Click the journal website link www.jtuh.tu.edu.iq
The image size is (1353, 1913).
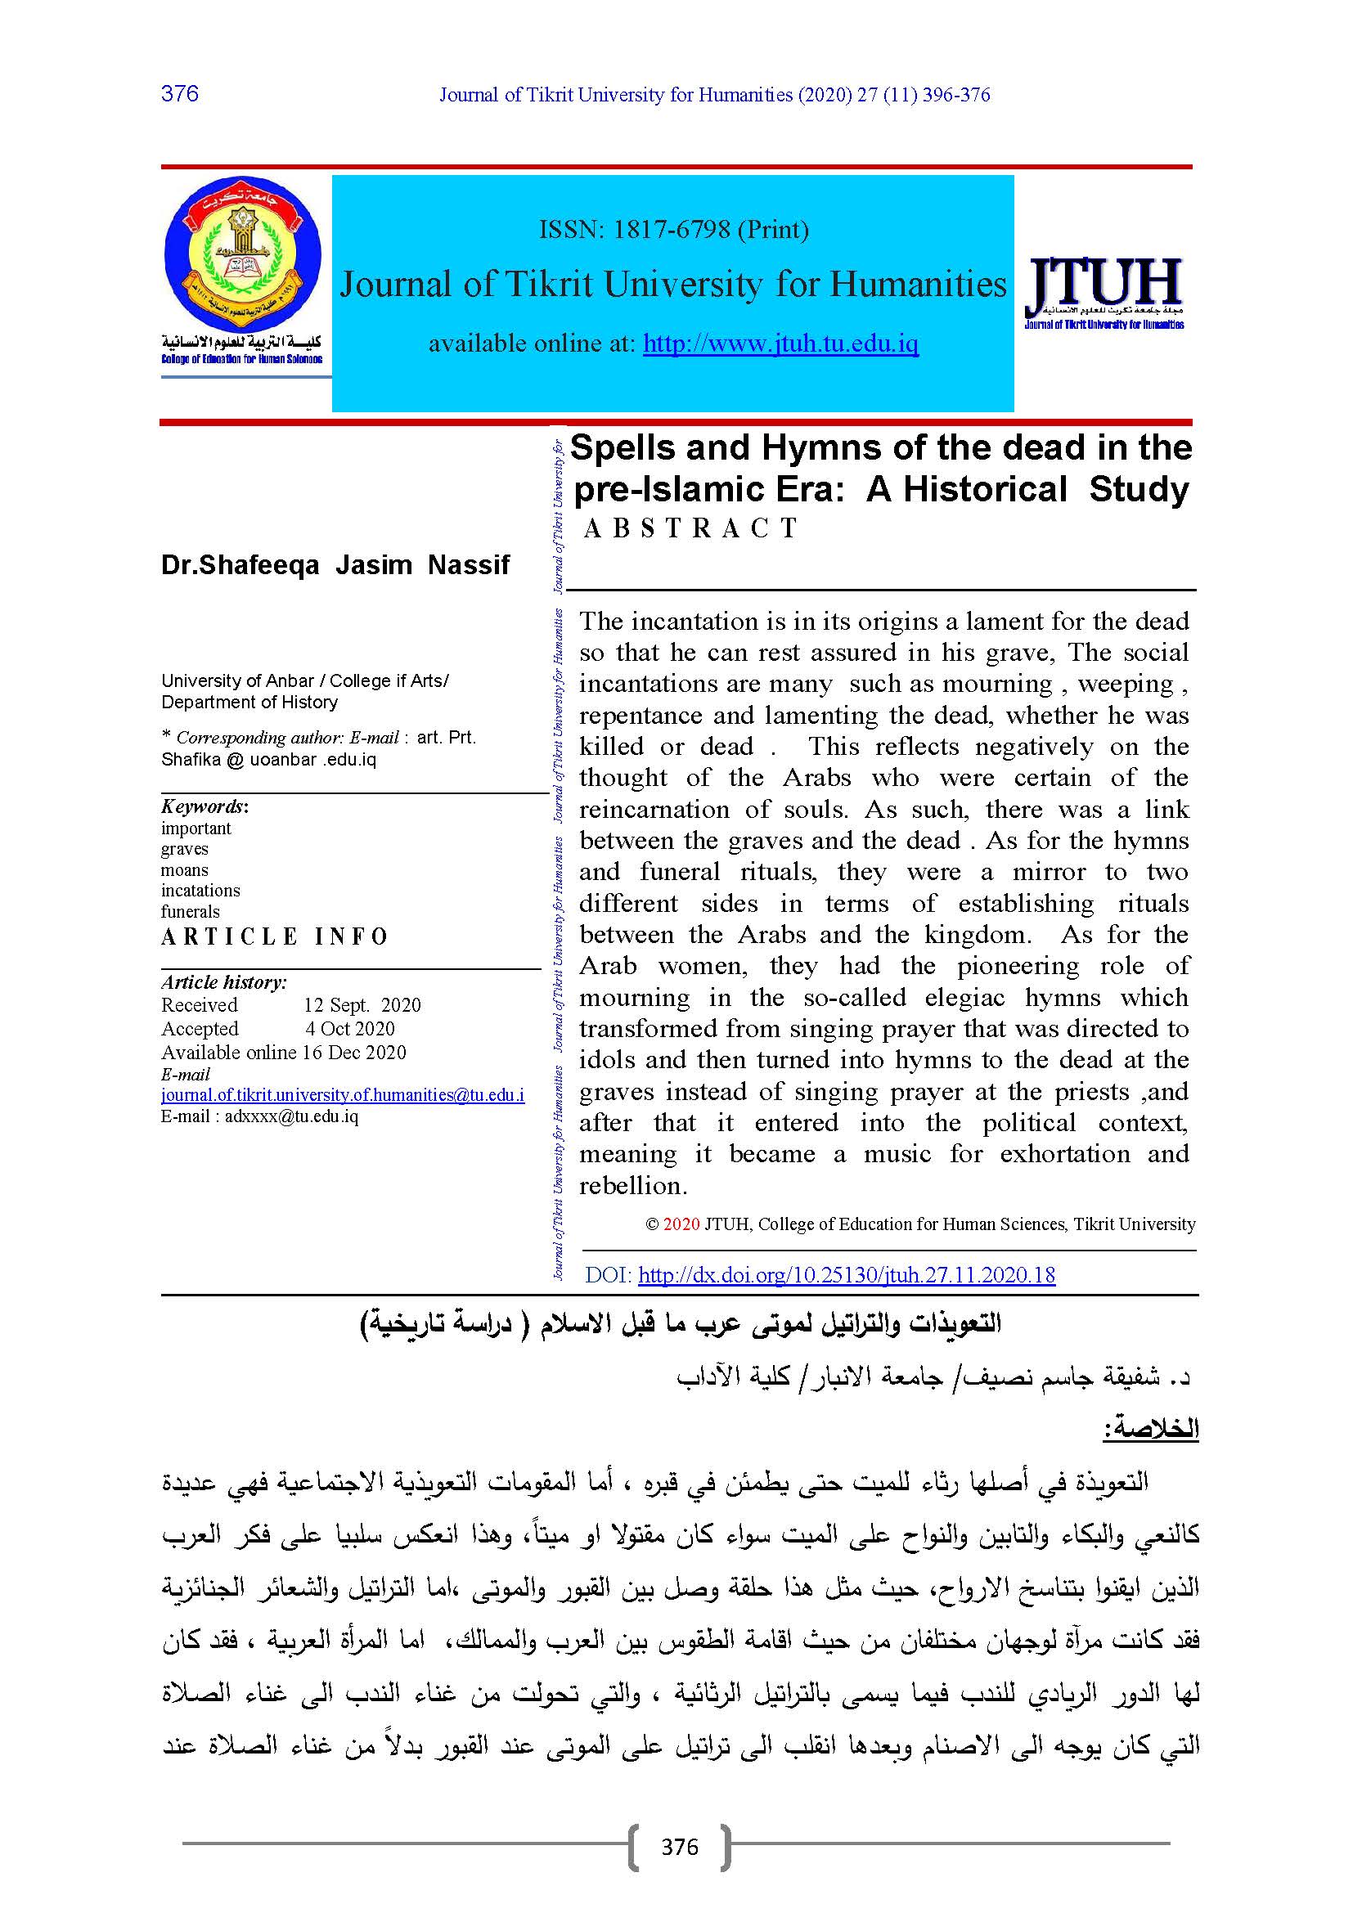click(x=780, y=344)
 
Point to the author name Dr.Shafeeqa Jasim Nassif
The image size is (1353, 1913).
click(x=335, y=565)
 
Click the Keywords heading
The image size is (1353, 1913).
click(x=204, y=806)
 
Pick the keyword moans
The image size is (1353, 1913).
click(x=184, y=870)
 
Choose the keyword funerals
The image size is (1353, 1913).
click(x=190, y=911)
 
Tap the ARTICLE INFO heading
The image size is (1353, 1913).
click(x=274, y=937)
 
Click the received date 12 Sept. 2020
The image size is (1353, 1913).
click(x=362, y=1005)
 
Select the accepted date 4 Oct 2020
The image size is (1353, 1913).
click(x=350, y=1029)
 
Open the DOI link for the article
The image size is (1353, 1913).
click(x=847, y=1275)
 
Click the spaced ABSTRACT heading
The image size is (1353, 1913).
click(x=690, y=528)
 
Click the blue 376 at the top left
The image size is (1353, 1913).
click(x=180, y=93)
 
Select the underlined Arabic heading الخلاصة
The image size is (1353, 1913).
click(x=1151, y=1429)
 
